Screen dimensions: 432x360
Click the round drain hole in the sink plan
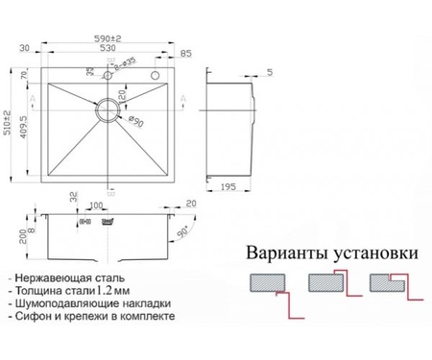click(104, 108)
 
